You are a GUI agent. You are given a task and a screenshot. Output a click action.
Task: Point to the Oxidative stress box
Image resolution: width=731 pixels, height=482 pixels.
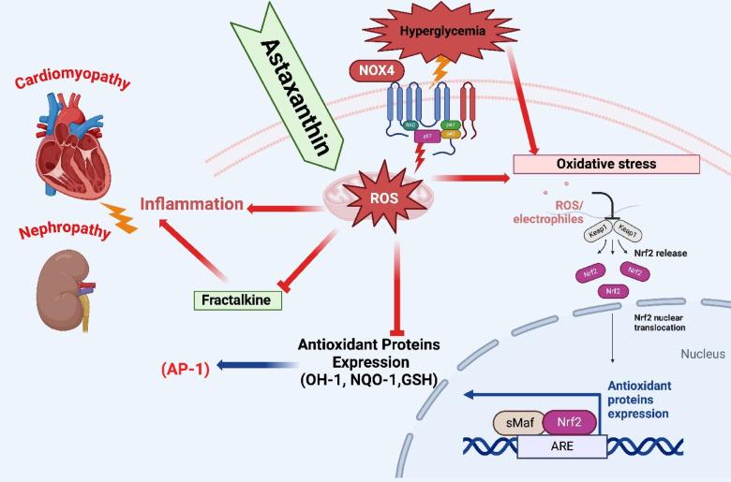coord(605,164)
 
